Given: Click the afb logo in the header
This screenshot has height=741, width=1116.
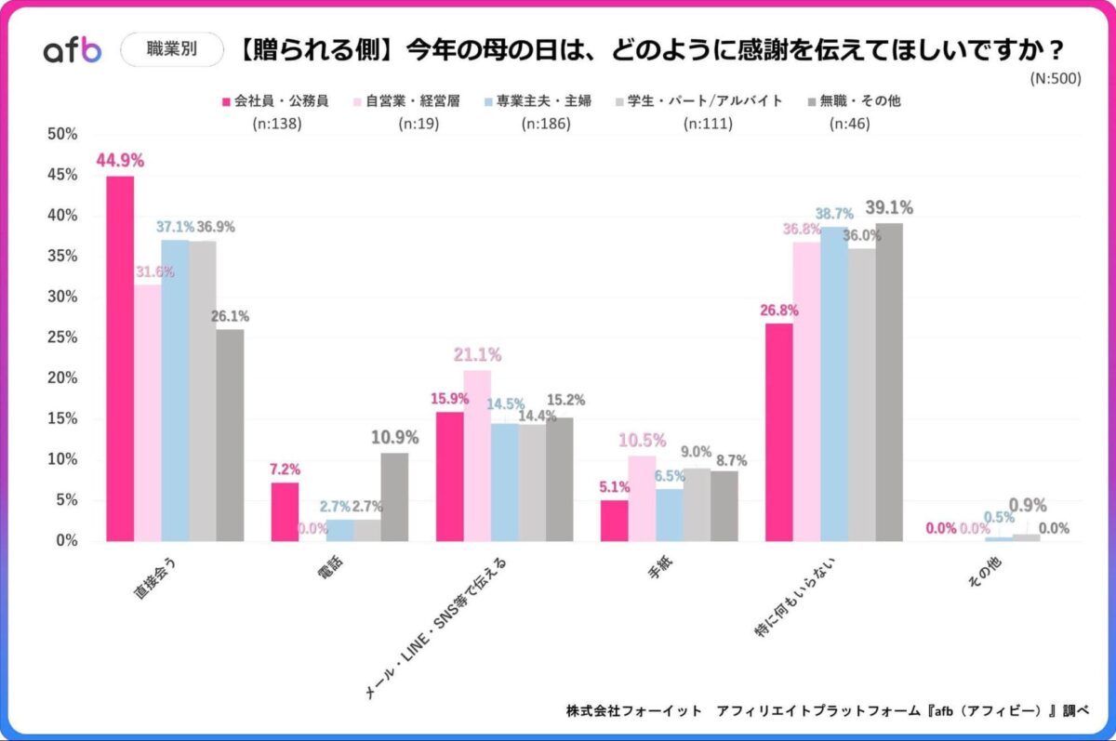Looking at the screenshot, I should (x=73, y=51).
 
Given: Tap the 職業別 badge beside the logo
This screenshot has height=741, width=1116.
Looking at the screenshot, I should (x=172, y=50).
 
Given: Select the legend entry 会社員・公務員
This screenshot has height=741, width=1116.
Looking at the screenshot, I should (x=275, y=100).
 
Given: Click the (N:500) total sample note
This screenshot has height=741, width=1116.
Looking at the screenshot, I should (x=1056, y=79).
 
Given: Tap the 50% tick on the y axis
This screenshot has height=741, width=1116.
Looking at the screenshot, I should (x=62, y=134).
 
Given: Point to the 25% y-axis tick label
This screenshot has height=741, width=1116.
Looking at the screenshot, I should (x=62, y=337).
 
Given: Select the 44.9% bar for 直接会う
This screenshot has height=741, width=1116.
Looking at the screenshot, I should (x=120, y=358).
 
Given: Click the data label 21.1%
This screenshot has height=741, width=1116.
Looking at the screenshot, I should (x=477, y=354).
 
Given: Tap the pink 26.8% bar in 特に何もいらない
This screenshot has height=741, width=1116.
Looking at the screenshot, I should (x=778, y=431).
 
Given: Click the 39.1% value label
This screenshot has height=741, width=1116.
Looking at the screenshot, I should (x=888, y=207).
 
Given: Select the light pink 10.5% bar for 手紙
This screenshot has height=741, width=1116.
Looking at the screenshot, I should (x=642, y=497).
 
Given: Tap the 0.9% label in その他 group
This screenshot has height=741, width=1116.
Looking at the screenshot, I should (x=1027, y=506).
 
